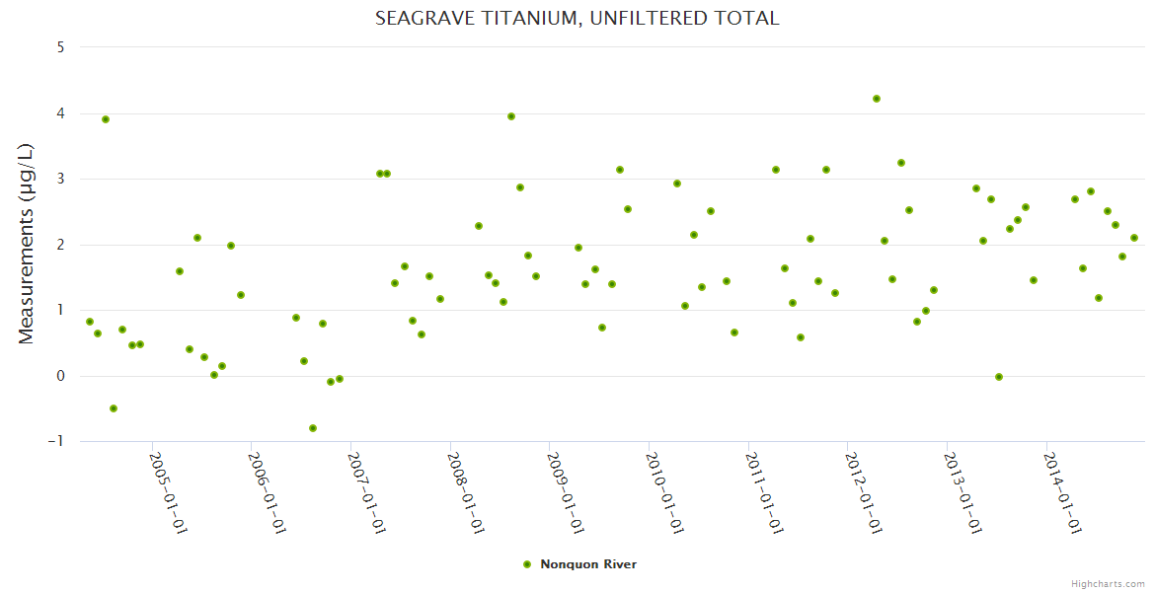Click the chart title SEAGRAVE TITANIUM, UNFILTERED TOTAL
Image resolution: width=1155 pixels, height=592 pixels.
click(577, 18)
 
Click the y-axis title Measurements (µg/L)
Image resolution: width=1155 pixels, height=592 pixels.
click(27, 244)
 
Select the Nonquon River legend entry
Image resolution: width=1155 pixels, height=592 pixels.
click(587, 564)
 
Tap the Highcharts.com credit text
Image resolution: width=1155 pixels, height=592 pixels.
click(1108, 583)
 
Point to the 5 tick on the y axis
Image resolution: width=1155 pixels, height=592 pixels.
click(60, 47)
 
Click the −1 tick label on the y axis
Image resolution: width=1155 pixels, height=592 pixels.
click(55, 442)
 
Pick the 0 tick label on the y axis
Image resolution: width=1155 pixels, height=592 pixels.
click(60, 376)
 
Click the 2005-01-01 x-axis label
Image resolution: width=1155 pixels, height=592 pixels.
click(168, 492)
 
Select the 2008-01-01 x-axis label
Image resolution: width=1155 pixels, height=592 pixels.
click(465, 492)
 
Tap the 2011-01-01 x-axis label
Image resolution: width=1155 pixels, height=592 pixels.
click(763, 492)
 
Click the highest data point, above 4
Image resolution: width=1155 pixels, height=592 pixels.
click(877, 99)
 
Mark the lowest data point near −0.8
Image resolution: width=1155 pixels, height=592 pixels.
click(313, 428)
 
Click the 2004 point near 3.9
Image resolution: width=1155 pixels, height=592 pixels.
click(106, 119)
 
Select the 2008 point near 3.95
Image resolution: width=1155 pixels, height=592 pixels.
click(511, 116)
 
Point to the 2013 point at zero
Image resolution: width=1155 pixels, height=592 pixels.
click(999, 377)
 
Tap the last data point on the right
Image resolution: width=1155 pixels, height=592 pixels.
click(1134, 238)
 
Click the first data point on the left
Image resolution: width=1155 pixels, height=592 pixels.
click(90, 322)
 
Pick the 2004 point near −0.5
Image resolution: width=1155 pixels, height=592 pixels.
click(114, 408)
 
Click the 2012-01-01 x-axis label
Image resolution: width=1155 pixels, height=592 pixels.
click(863, 492)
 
